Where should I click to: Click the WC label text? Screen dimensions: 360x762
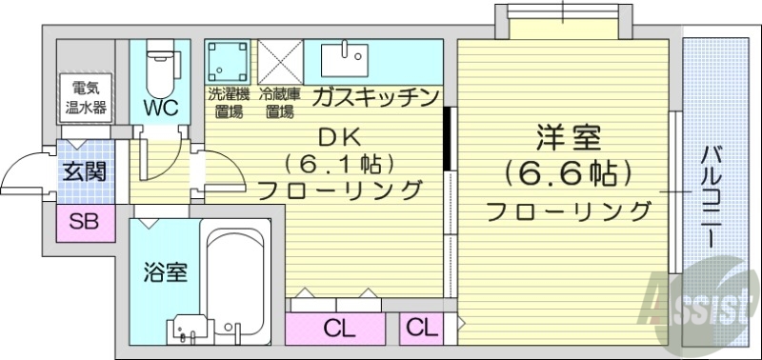[162, 108]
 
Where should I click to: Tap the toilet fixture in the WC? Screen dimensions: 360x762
[161, 65]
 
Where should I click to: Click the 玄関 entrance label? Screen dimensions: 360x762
[84, 172]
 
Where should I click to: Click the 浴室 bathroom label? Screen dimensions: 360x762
[165, 272]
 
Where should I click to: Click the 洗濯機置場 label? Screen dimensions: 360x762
[229, 103]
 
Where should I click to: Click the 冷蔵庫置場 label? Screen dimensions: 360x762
[280, 103]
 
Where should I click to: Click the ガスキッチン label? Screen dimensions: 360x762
[374, 97]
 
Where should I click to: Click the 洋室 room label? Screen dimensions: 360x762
[568, 138]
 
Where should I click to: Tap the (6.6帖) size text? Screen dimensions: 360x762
[568, 173]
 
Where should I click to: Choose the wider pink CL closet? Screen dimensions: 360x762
[337, 329]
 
